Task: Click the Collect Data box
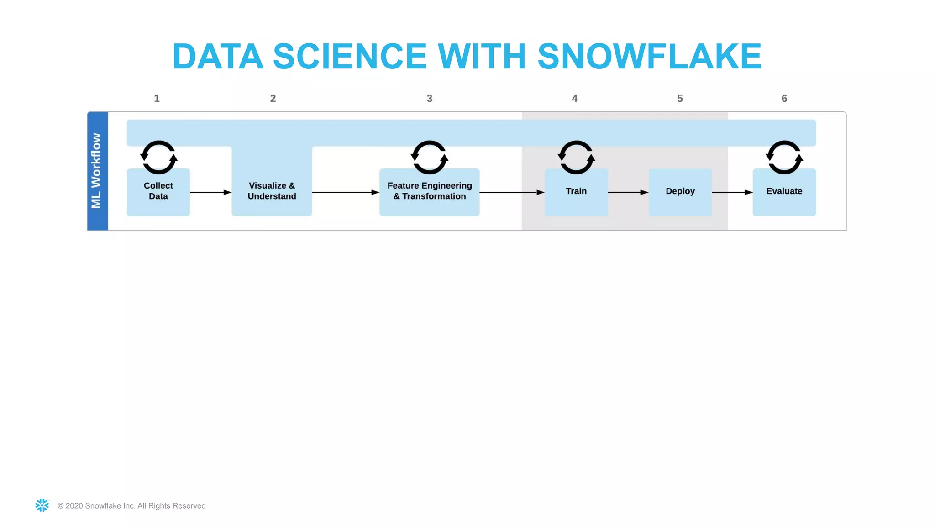[158, 191]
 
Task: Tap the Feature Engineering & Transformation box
[429, 191]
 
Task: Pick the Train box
[576, 191]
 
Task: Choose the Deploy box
[680, 191]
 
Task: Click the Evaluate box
[784, 191]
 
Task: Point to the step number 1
[157, 99]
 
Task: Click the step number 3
[429, 99]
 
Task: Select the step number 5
[680, 99]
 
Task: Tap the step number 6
[784, 99]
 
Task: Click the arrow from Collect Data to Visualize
[210, 192]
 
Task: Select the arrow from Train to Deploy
[628, 192]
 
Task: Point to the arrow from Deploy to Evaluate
[732, 192]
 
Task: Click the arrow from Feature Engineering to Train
[511, 192]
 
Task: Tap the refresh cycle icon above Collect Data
[158, 158]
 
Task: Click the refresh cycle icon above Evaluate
[784, 158]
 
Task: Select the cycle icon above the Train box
[576, 158]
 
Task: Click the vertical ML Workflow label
[97, 171]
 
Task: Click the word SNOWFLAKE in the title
[649, 57]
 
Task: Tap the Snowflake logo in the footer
[42, 505]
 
